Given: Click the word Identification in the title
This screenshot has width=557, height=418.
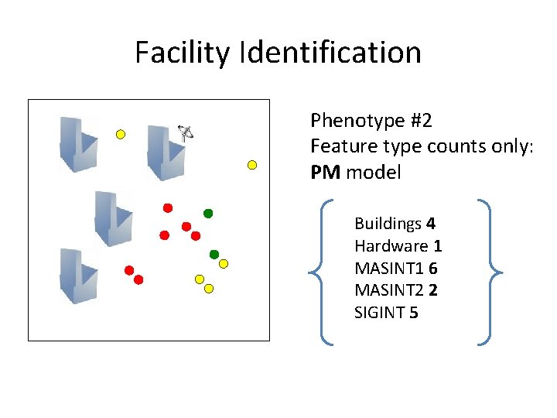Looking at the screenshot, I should click(331, 53).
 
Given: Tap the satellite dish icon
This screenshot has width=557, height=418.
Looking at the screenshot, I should click(186, 132).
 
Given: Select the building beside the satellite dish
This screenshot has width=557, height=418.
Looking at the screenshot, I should click(165, 152).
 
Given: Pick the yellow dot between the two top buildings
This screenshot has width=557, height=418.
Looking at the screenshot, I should click(121, 134).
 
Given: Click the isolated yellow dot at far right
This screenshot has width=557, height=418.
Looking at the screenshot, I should click(251, 164).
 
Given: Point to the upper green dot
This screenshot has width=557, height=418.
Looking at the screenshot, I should click(207, 213).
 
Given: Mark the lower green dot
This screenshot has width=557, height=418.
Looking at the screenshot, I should click(214, 254).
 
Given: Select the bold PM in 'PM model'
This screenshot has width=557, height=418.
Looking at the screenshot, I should click(325, 173).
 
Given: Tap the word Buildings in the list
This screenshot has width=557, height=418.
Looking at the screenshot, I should click(388, 224).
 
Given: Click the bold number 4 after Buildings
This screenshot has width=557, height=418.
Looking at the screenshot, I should click(431, 224).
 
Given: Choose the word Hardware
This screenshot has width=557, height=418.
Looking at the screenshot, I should click(391, 246).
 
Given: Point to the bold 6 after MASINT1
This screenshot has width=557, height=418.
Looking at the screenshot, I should click(432, 269).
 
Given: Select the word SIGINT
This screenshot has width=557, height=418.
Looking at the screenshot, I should click(380, 313).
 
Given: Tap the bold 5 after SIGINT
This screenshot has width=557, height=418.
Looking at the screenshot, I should click(413, 313).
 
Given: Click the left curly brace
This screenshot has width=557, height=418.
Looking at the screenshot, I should click(321, 271).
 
